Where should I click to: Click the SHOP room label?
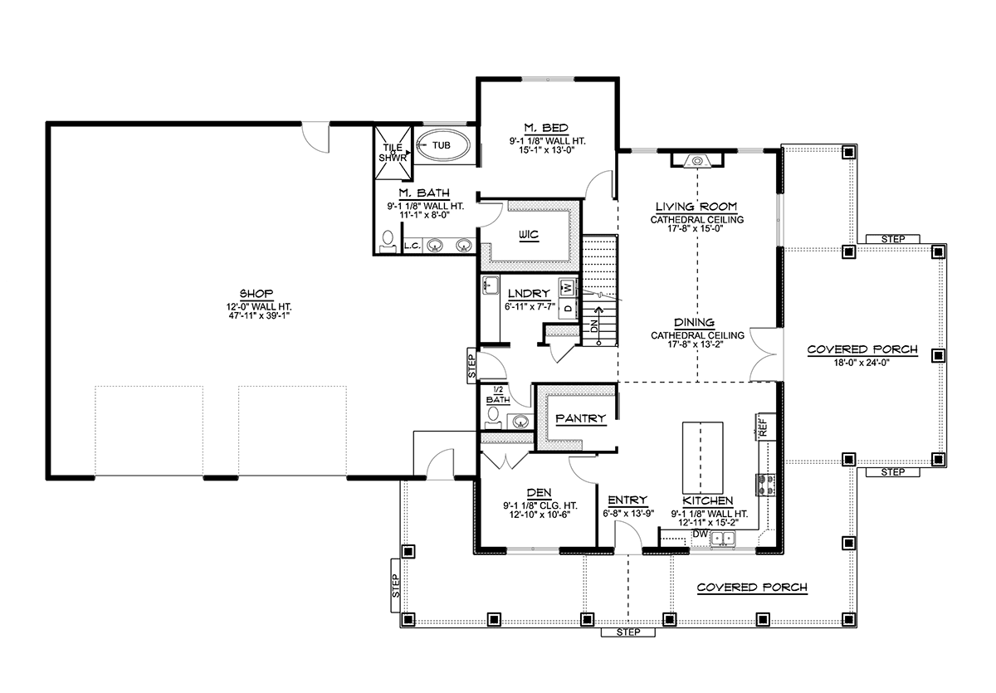tap(256, 294)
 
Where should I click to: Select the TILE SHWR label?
tap(392, 153)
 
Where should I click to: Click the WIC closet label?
tap(529, 234)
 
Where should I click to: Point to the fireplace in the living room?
tap(697, 160)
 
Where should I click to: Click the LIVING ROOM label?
tap(696, 207)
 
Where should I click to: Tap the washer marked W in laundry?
tap(567, 288)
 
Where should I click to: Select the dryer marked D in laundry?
tap(568, 307)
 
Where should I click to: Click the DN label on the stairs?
tap(594, 326)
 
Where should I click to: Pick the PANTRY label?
tap(581, 418)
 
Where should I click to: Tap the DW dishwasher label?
tap(700, 534)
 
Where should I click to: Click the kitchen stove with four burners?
tap(765, 485)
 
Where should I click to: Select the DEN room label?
tap(539, 492)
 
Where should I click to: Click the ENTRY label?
tap(627, 500)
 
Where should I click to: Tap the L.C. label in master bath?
tap(413, 246)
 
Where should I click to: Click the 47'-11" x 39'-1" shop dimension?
tap(259, 315)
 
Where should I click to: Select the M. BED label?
tap(546, 128)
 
